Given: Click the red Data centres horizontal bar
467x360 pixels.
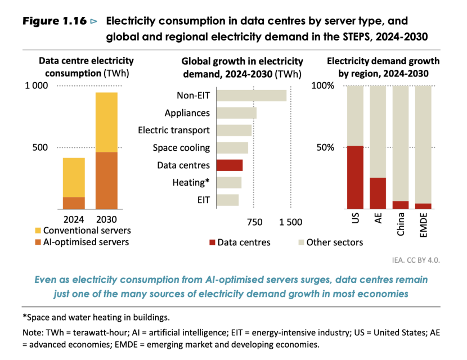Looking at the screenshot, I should (x=230, y=165).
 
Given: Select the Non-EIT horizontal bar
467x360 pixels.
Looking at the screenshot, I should (x=252, y=96).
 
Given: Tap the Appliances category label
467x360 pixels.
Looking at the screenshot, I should (x=187, y=113).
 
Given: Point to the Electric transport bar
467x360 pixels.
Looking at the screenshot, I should (x=234, y=130).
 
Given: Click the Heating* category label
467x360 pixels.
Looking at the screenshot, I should (x=191, y=183).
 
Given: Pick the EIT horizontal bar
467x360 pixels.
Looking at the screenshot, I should (x=227, y=200).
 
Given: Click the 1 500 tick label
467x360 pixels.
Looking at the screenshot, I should (x=290, y=222).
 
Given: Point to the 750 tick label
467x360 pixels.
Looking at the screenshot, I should (x=254, y=222).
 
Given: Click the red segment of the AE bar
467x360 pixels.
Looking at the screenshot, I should (x=378, y=193).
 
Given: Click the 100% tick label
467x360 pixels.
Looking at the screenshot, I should (x=323, y=86).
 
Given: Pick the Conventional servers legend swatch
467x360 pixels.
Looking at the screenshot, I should (x=38, y=231).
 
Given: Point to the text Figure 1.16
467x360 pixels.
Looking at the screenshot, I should (x=54, y=21).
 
